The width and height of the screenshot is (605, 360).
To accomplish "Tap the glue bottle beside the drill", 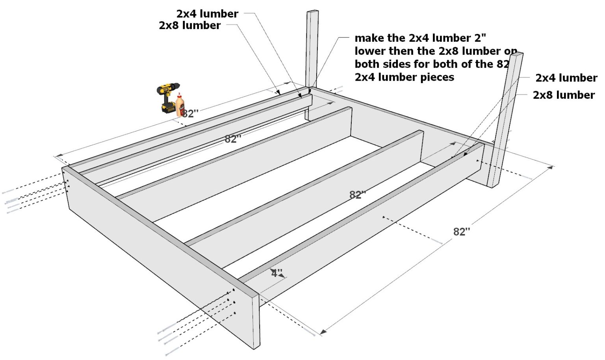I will [x=180, y=105].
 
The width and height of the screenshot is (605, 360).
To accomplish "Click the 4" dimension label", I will [x=277, y=273].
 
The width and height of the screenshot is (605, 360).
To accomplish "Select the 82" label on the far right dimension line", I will [x=462, y=232].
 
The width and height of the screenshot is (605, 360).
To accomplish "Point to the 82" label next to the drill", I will [x=190, y=113].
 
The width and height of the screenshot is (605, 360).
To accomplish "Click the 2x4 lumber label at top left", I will [x=207, y=14].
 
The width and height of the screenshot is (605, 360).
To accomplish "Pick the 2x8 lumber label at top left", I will [x=190, y=26].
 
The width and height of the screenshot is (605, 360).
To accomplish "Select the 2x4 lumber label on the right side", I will [x=566, y=78].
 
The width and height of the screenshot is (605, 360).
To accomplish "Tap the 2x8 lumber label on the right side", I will [x=564, y=95].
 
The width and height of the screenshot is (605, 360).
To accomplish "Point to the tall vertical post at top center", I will [x=312, y=47].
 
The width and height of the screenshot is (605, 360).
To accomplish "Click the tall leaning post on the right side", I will [x=506, y=118].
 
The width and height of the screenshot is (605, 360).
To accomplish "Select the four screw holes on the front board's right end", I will [x=232, y=302].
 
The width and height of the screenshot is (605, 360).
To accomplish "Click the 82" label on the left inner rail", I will [x=233, y=139].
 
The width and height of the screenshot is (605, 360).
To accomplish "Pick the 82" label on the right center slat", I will [x=358, y=195].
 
